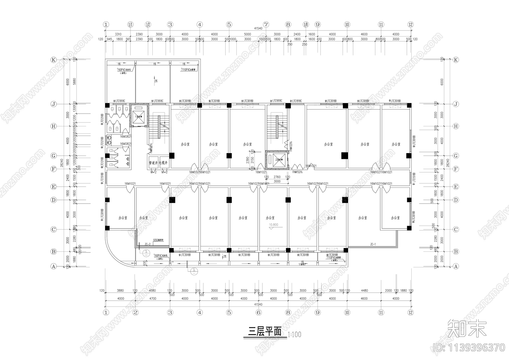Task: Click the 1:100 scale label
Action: coord(294,335)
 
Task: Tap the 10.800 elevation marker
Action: coord(274,225)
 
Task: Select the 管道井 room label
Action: coord(153,163)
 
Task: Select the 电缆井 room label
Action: coord(164,163)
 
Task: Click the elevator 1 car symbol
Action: coord(139,116)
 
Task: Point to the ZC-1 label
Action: coord(373,244)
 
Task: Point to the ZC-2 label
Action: coord(148,244)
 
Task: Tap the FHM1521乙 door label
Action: coord(297,172)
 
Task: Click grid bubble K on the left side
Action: coord(54,60)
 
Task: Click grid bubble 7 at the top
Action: coord(266,25)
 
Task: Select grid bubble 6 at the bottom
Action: coord(259,313)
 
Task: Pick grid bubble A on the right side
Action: coord(456,266)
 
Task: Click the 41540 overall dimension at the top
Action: coord(258,29)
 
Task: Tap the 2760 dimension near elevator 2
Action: coord(277,177)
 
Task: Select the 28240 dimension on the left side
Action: coord(62,162)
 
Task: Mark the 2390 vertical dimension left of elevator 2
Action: coord(248,160)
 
